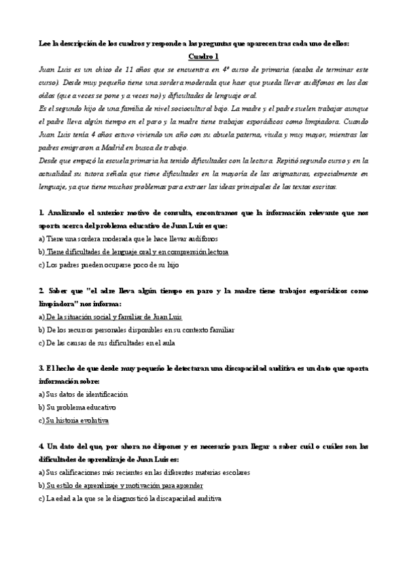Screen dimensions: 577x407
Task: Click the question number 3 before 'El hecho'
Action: (41, 368)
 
